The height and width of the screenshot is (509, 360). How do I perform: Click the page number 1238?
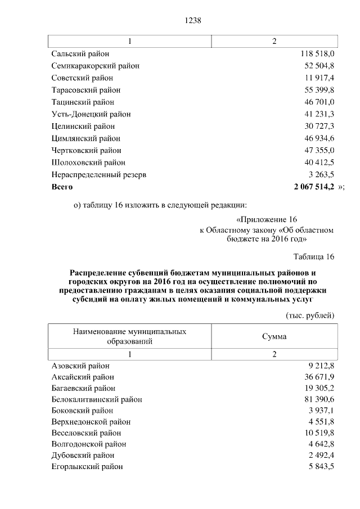[x=192, y=20]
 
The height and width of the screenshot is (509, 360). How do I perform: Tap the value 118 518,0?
[x=316, y=53]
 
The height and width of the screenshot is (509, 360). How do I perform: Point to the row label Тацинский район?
[x=82, y=102]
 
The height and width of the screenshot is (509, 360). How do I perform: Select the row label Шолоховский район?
[x=88, y=163]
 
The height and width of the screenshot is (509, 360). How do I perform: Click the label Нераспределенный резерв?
[x=98, y=175]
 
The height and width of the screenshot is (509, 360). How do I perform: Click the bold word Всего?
[x=62, y=186]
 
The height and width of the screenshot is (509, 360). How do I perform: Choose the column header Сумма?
[x=274, y=336]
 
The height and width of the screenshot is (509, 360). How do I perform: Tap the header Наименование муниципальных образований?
[x=129, y=336]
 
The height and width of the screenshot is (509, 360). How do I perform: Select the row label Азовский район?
[x=80, y=366]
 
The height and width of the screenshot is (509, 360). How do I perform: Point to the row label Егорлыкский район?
[x=87, y=467]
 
